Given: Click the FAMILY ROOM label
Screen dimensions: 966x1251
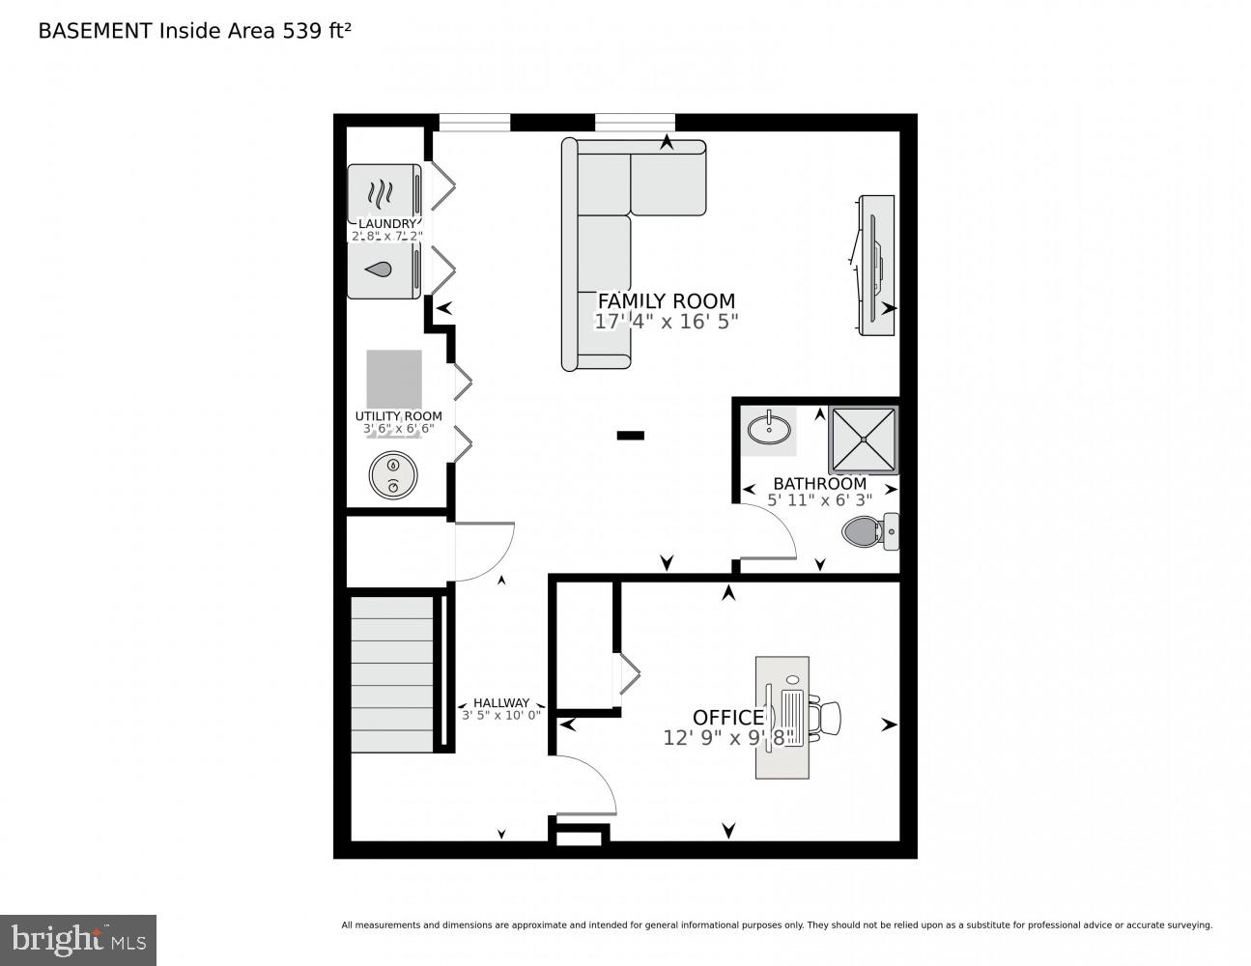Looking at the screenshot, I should (666, 300).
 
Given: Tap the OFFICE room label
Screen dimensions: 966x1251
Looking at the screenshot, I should (727, 718).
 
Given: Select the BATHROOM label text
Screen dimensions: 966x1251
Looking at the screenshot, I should (819, 484).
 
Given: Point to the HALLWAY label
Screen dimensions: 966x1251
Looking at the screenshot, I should (500, 703).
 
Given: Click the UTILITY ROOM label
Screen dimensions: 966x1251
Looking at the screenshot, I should (398, 416).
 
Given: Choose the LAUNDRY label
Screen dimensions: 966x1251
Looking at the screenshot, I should (386, 224).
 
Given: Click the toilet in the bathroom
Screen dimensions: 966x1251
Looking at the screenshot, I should (870, 530).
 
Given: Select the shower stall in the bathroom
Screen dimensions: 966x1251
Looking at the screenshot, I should (863, 440).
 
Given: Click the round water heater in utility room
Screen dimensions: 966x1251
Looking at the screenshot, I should (393, 475).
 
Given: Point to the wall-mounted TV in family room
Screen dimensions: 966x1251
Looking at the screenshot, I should (875, 266).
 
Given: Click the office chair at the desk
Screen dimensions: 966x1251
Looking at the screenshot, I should (826, 718).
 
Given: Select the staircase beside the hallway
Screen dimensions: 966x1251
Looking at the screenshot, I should (392, 673).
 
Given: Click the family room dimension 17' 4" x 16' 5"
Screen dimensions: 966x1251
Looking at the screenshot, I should (666, 322).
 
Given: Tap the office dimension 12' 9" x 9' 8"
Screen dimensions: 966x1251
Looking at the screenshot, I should (727, 738).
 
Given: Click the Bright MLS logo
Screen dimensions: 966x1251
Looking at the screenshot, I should (77, 939).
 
